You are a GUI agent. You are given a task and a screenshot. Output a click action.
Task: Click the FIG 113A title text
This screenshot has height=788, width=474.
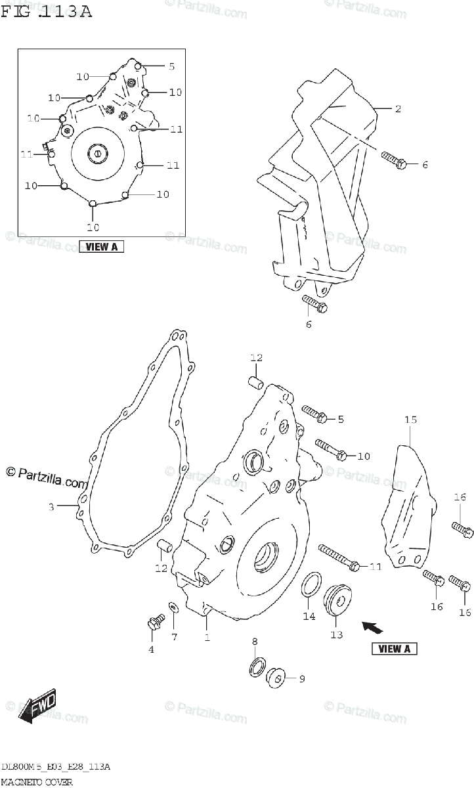click(x=47, y=11)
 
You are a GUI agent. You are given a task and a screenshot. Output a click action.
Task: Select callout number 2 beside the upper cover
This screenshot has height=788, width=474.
click(x=397, y=109)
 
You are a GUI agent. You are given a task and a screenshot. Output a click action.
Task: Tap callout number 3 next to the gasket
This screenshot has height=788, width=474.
click(x=51, y=506)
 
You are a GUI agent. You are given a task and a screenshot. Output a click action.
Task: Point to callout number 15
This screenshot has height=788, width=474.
click(x=410, y=418)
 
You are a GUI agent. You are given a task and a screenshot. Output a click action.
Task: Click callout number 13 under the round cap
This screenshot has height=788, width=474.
click(x=337, y=635)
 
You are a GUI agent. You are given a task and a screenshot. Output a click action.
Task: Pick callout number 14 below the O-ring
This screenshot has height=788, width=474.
click(x=309, y=616)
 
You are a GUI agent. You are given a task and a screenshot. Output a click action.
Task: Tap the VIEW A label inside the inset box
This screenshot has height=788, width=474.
click(x=101, y=247)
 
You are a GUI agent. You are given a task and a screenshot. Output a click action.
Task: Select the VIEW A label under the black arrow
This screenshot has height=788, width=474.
click(x=395, y=649)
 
